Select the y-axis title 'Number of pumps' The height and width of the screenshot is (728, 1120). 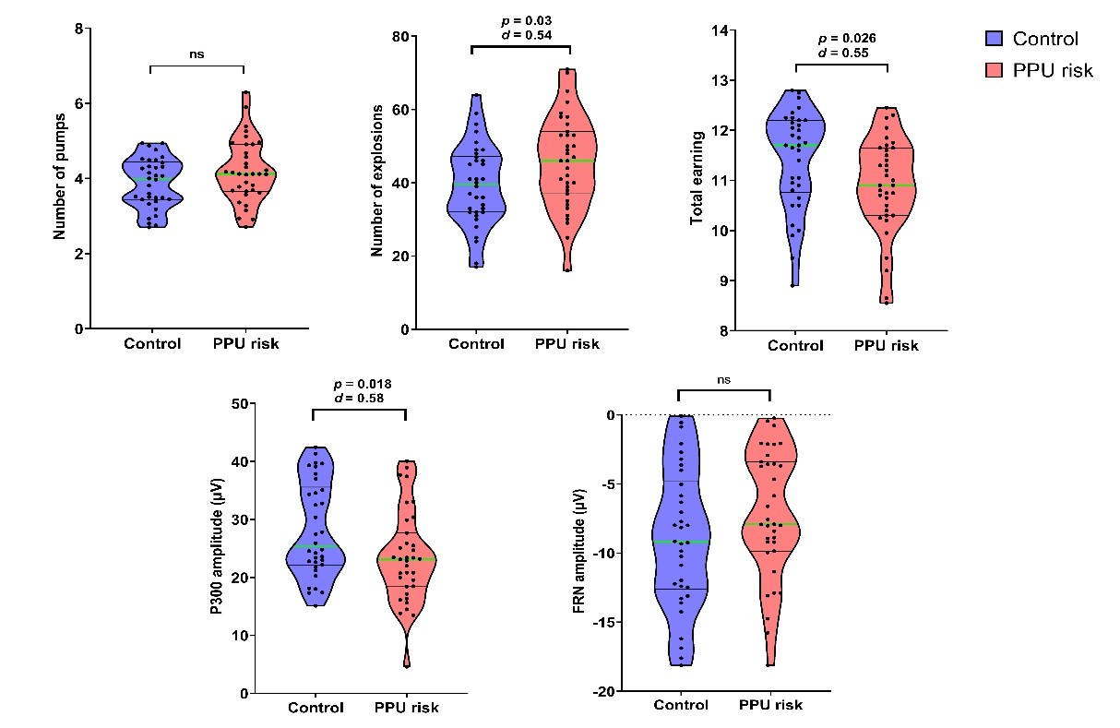(60, 178)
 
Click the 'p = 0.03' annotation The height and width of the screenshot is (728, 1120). (521, 20)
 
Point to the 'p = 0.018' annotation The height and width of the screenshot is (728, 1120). (360, 384)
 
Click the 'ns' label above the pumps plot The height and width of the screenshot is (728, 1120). (197, 54)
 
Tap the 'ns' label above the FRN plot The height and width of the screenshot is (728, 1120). (723, 377)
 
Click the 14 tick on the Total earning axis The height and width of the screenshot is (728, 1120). (719, 30)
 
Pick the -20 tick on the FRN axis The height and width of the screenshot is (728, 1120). (611, 692)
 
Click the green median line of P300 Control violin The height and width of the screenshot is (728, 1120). (315, 546)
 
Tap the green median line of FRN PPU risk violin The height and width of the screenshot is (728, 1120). (770, 524)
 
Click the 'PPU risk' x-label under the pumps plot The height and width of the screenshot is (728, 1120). (243, 344)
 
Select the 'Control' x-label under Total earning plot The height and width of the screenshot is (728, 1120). (795, 346)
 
